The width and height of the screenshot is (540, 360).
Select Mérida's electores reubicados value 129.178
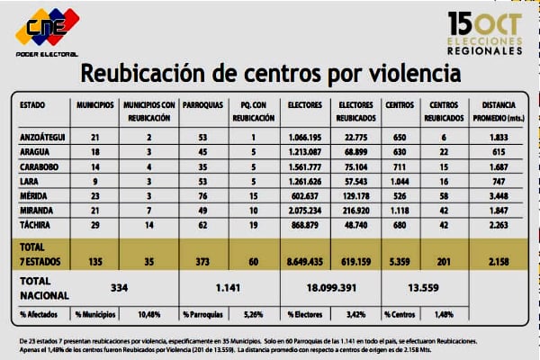[356, 193]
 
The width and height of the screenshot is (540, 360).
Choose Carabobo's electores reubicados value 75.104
[356, 165]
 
